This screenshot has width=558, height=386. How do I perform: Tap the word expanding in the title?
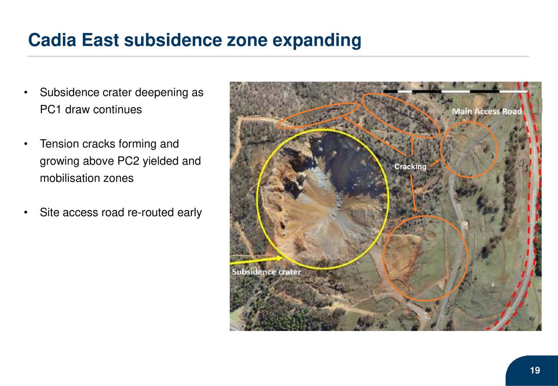pyautogui.click(x=317, y=41)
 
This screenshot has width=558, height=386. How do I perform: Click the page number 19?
pyautogui.click(x=534, y=371)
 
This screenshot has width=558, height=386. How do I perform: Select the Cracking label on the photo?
pyautogui.click(x=410, y=167)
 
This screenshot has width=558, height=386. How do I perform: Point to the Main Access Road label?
pyautogui.click(x=487, y=112)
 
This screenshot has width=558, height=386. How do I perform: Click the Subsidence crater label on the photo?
pyautogui.click(x=266, y=272)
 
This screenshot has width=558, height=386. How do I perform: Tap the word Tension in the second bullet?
pyautogui.click(x=59, y=144)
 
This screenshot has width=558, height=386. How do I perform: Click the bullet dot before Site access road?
pyautogui.click(x=27, y=213)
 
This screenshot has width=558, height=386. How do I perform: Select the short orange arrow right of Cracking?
pyautogui.click(x=434, y=163)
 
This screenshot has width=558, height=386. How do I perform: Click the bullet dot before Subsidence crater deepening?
pyautogui.click(x=27, y=93)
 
